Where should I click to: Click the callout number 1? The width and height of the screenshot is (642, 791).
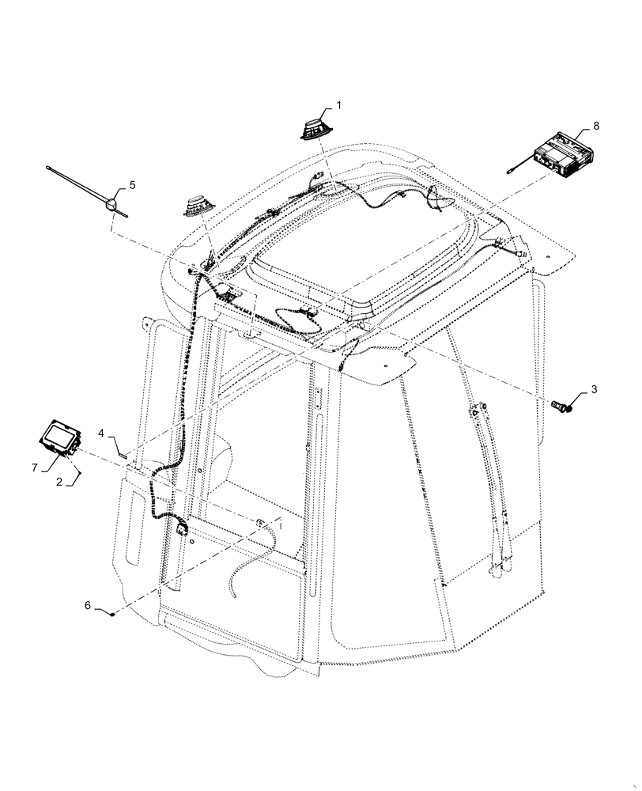[x=339, y=104]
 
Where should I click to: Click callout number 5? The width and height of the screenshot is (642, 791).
[x=132, y=185]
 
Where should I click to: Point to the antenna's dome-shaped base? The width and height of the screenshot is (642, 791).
[x=113, y=205]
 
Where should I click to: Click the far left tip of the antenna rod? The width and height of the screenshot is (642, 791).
[x=50, y=168]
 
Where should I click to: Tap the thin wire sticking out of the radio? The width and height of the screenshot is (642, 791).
[x=519, y=165]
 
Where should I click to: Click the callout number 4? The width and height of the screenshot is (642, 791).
[x=102, y=433]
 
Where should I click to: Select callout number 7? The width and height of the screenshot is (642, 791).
[x=34, y=468]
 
